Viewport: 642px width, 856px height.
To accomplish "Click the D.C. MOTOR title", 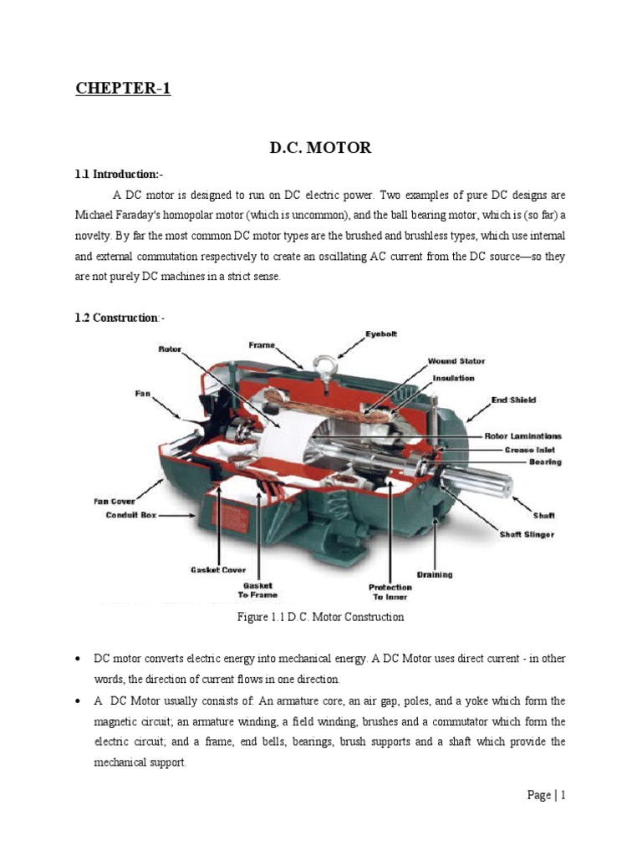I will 320,148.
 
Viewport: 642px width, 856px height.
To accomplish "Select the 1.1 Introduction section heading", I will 120,175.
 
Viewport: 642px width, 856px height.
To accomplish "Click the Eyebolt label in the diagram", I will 381,334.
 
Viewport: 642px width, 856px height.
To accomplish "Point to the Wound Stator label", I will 456,361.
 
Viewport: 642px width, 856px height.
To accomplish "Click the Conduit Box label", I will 130,516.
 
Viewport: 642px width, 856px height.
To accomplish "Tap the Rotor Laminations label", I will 523,436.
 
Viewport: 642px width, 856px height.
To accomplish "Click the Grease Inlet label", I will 531,449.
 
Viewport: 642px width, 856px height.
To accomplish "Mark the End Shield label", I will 513,400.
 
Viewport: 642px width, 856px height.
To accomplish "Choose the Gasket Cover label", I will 217,570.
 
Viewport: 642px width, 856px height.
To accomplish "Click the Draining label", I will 435,574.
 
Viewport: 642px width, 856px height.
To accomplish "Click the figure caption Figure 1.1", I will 320,617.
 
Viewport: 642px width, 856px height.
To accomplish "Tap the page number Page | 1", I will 547,795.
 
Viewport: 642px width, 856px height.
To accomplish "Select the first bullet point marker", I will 78,660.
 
